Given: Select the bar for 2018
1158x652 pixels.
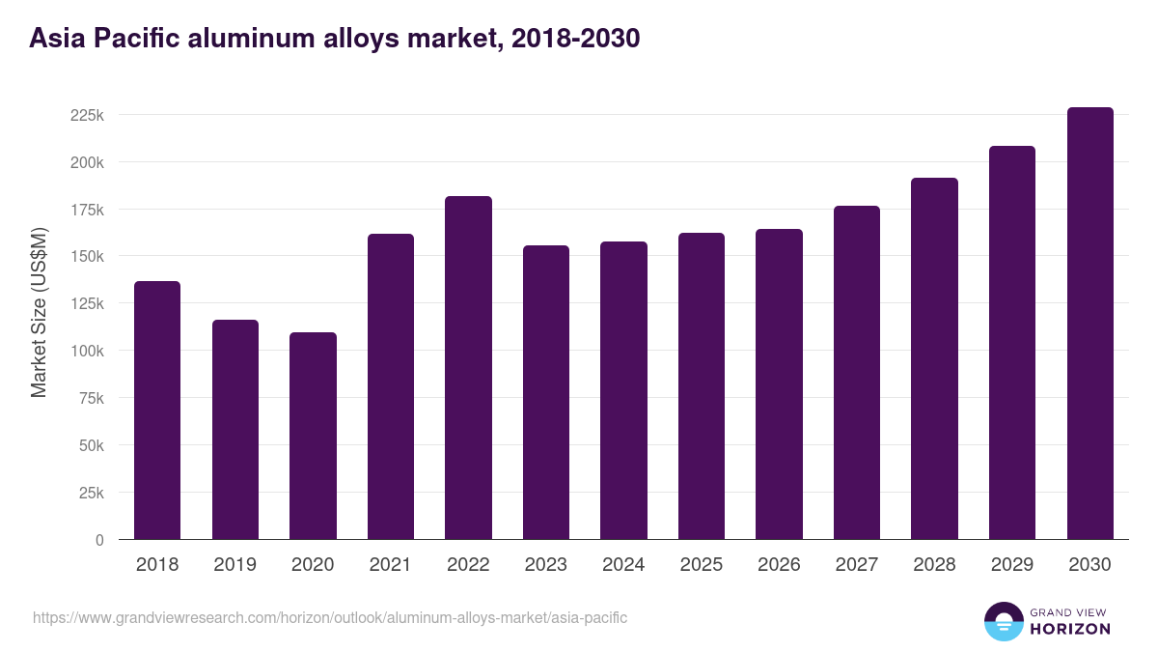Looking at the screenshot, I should (157, 410).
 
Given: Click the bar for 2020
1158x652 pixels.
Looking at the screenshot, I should (313, 436).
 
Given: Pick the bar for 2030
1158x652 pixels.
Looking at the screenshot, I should (1089, 323).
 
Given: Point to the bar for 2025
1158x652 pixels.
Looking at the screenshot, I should (701, 385).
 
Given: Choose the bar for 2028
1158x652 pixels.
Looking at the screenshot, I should (934, 358).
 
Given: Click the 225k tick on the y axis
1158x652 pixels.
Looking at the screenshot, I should (87, 115).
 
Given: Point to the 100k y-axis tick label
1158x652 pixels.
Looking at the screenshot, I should (87, 351).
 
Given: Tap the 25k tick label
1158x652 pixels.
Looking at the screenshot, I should (91, 493).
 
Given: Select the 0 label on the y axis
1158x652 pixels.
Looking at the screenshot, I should (99, 540).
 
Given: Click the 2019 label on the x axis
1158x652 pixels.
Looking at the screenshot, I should (234, 565).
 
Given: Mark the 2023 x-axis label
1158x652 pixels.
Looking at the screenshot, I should (545, 565).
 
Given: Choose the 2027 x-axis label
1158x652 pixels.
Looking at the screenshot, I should (856, 565).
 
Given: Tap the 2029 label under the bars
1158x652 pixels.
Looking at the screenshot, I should (1011, 565).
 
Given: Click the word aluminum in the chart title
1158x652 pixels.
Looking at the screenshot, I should (263, 39).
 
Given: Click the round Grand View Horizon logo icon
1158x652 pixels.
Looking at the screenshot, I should (1003, 622).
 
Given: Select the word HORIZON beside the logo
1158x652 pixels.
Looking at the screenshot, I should (1071, 629).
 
